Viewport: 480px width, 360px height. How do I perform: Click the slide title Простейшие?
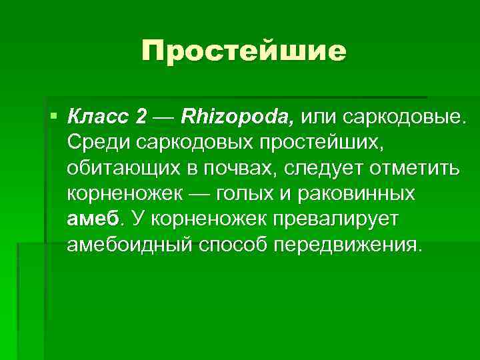[x=244, y=51]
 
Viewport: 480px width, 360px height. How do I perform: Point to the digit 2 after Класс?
[x=140, y=117]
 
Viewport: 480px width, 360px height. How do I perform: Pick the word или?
[x=319, y=117]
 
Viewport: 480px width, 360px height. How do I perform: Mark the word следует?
[x=321, y=168]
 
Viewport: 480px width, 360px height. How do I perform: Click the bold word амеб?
[x=93, y=218]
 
